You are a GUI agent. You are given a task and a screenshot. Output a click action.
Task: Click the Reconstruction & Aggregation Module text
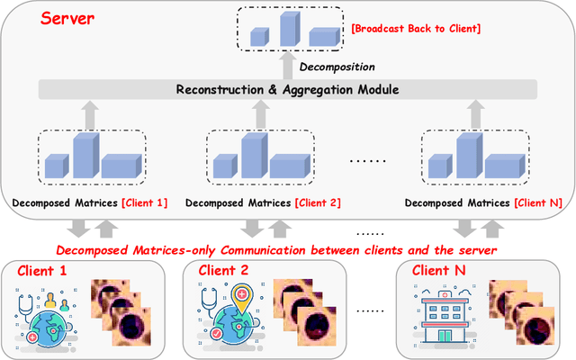[288, 89]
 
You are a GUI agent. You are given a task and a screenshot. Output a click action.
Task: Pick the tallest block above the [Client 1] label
[85, 156]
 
